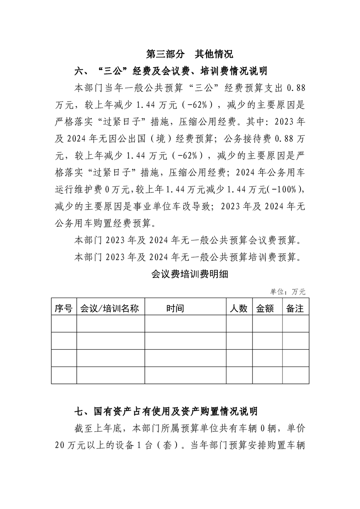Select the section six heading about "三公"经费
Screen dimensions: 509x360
point(171,71)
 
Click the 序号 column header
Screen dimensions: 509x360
point(64,308)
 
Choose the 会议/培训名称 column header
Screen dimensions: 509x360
point(109,308)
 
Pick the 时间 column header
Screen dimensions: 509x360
point(175,308)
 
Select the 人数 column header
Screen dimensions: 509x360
point(238,308)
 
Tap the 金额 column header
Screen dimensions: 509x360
point(265,308)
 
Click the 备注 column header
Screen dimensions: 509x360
point(295,308)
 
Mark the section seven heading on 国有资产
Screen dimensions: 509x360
point(166,411)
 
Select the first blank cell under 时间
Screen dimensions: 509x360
point(185,324)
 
